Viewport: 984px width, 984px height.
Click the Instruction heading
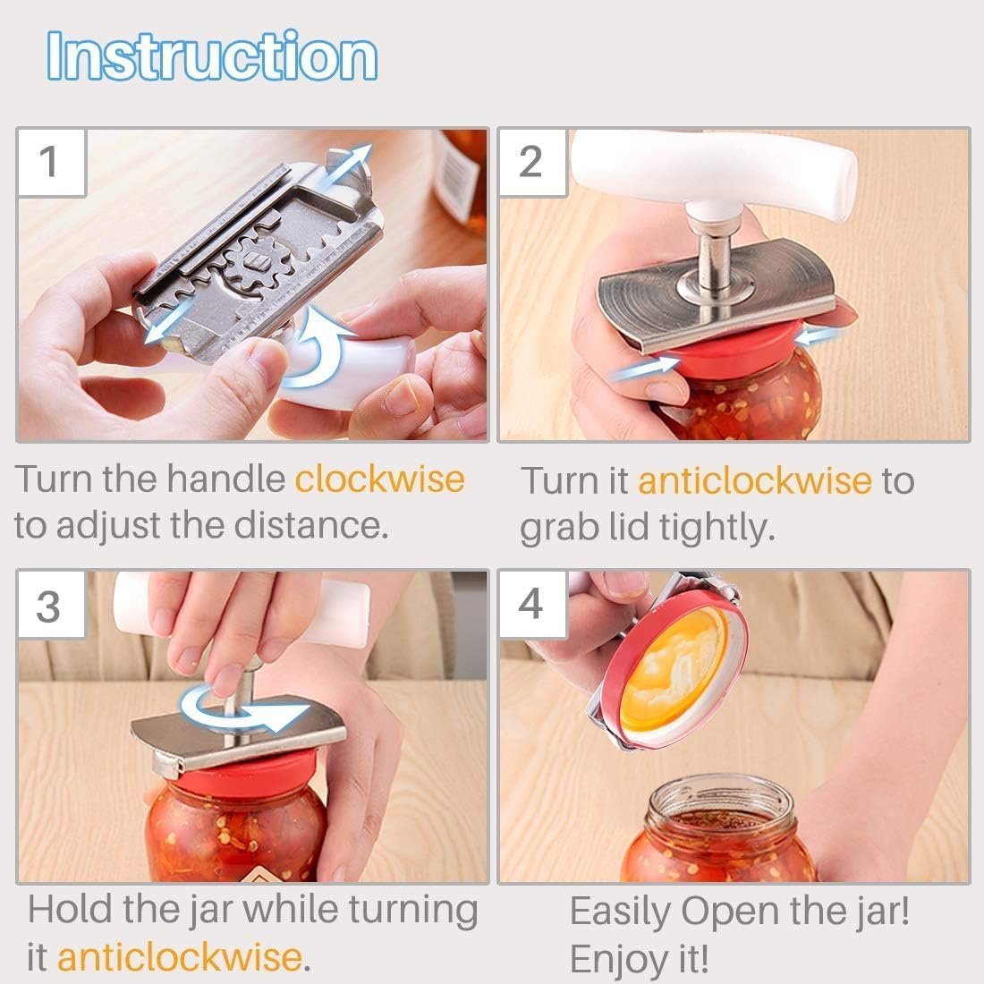(212, 56)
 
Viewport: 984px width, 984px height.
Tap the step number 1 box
(49, 162)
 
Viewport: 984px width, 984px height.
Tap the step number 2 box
(530, 162)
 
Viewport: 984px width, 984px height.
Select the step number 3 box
(49, 606)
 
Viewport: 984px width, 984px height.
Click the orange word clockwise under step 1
(379, 479)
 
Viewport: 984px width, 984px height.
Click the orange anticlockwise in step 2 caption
(753, 480)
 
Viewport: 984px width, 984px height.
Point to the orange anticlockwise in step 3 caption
(180, 956)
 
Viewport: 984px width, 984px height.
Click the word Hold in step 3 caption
(70, 910)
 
